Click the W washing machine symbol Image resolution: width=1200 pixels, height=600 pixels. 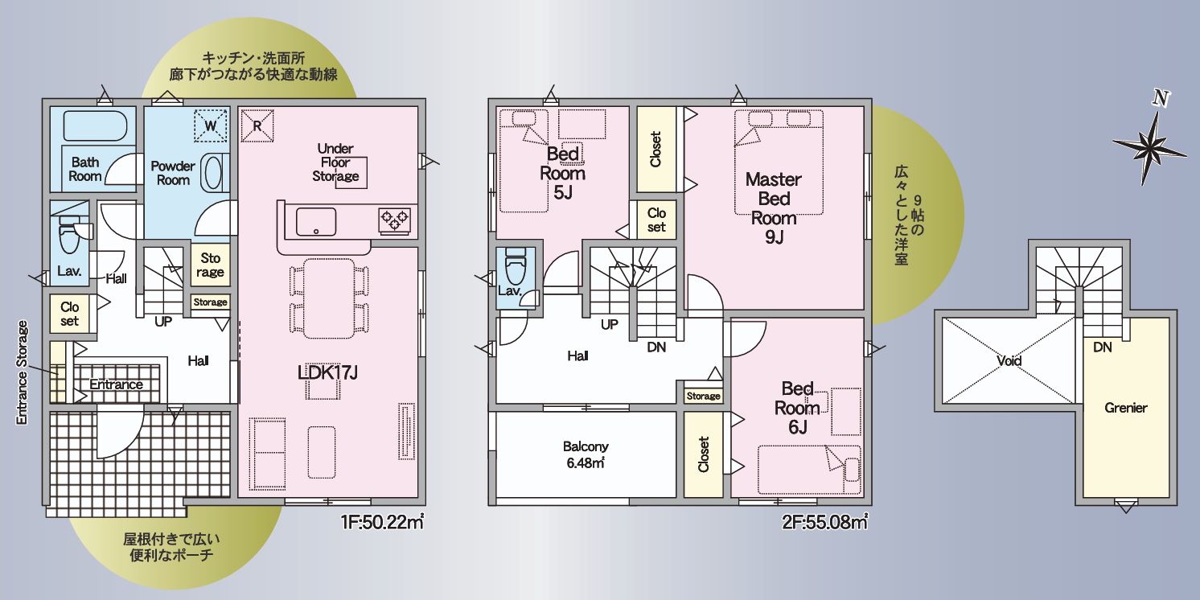(x=211, y=126)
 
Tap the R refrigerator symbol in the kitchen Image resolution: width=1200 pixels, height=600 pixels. (x=257, y=126)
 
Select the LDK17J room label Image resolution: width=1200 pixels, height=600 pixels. (x=327, y=372)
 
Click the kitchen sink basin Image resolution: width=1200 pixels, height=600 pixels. (x=316, y=222)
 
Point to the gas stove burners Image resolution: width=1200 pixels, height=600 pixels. (x=395, y=219)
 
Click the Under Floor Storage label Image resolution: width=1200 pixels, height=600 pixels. (x=336, y=162)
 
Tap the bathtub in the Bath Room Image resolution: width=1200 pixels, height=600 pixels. (x=95, y=126)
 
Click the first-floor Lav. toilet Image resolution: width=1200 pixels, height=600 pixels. (x=69, y=234)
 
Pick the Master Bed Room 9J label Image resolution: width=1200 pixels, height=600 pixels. (x=774, y=208)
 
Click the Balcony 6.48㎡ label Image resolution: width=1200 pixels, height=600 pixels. (x=586, y=454)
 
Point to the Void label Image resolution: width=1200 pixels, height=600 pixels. (x=1009, y=360)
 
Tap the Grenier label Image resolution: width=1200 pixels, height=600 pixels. (x=1126, y=408)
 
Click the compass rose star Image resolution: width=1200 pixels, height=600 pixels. (x=1149, y=145)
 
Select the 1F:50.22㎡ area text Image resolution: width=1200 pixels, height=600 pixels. (x=382, y=522)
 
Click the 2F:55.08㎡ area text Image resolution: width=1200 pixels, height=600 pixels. (x=824, y=522)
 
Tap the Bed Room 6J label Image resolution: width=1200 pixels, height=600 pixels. (x=798, y=407)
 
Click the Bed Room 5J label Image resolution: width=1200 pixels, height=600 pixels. (x=562, y=172)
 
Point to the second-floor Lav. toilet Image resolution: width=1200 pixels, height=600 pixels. (x=516, y=265)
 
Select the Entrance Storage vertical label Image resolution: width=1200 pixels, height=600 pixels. (x=22, y=373)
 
